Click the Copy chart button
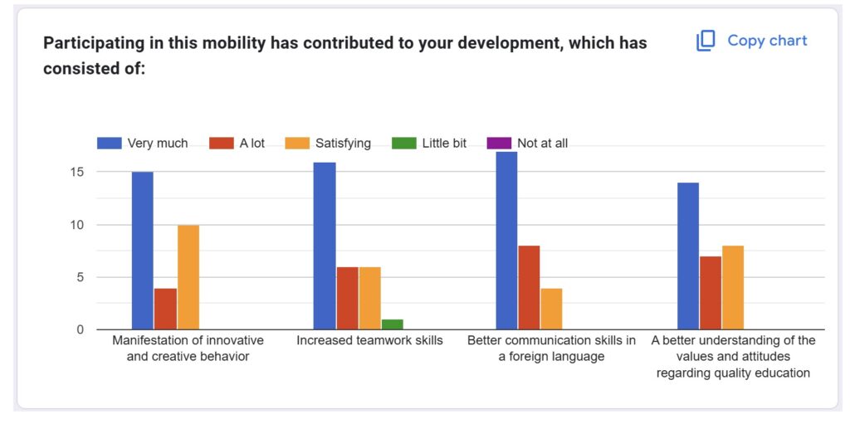752,41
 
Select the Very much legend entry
143,143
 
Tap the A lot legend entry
237,143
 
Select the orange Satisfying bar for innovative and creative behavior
188,277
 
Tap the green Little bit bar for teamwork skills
392,324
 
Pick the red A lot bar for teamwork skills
347,298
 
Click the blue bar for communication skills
506,241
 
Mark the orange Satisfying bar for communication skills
551,309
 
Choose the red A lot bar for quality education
711,293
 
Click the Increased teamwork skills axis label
369,340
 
